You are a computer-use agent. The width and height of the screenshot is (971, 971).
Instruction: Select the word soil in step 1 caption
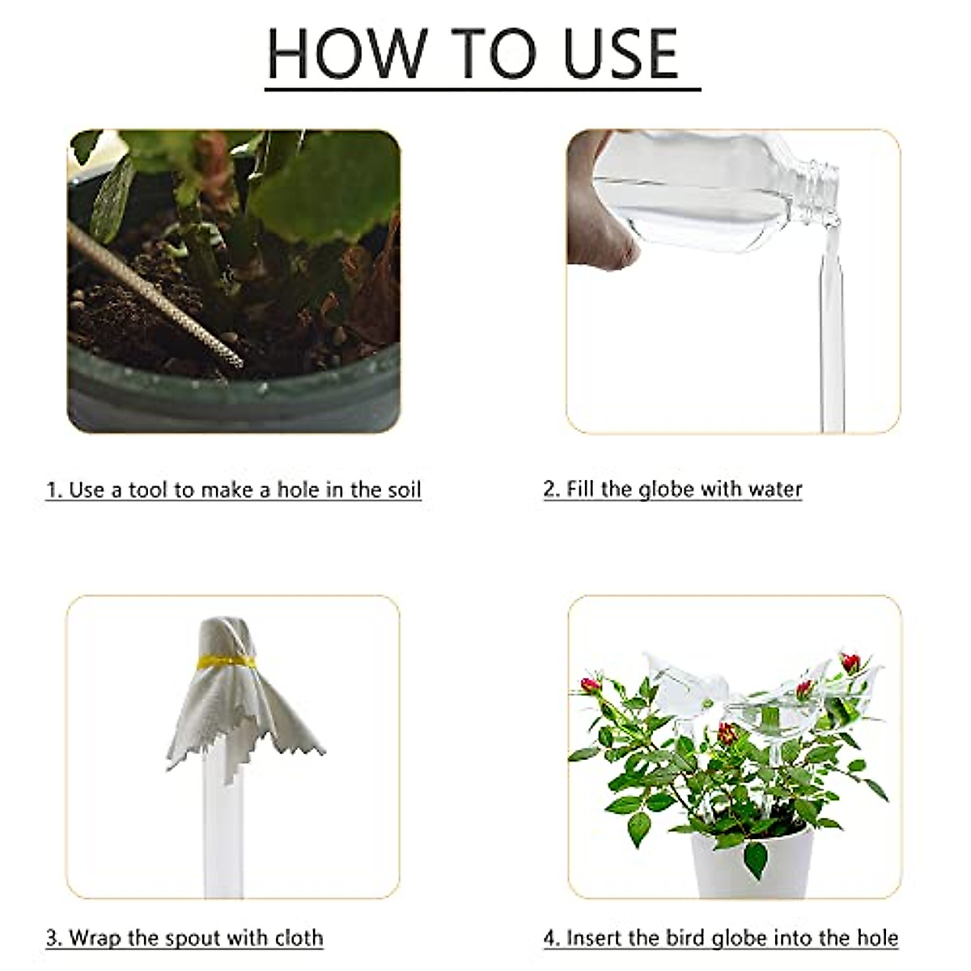402,490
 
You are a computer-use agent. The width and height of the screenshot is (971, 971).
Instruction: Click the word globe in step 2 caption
667,489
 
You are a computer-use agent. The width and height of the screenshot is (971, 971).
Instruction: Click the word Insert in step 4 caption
594,938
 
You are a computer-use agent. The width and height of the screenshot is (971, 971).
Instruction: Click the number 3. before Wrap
53,938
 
